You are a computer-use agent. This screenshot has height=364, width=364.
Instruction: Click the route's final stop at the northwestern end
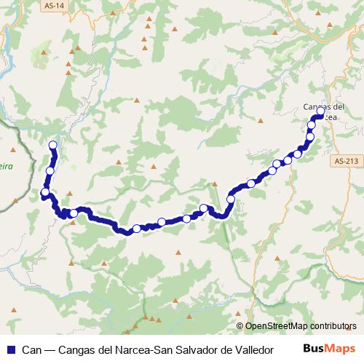coord(52,144)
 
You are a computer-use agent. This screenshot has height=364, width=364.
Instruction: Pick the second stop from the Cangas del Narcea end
coord(312,126)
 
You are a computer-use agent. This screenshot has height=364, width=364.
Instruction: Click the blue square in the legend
coord(9,349)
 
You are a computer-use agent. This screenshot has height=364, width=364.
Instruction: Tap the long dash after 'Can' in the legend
coord(49,349)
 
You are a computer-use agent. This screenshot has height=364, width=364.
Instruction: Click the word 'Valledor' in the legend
coord(251,349)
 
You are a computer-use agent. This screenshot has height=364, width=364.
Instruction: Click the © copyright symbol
coord(241,327)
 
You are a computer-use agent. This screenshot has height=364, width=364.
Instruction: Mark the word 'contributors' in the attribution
coord(333,327)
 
